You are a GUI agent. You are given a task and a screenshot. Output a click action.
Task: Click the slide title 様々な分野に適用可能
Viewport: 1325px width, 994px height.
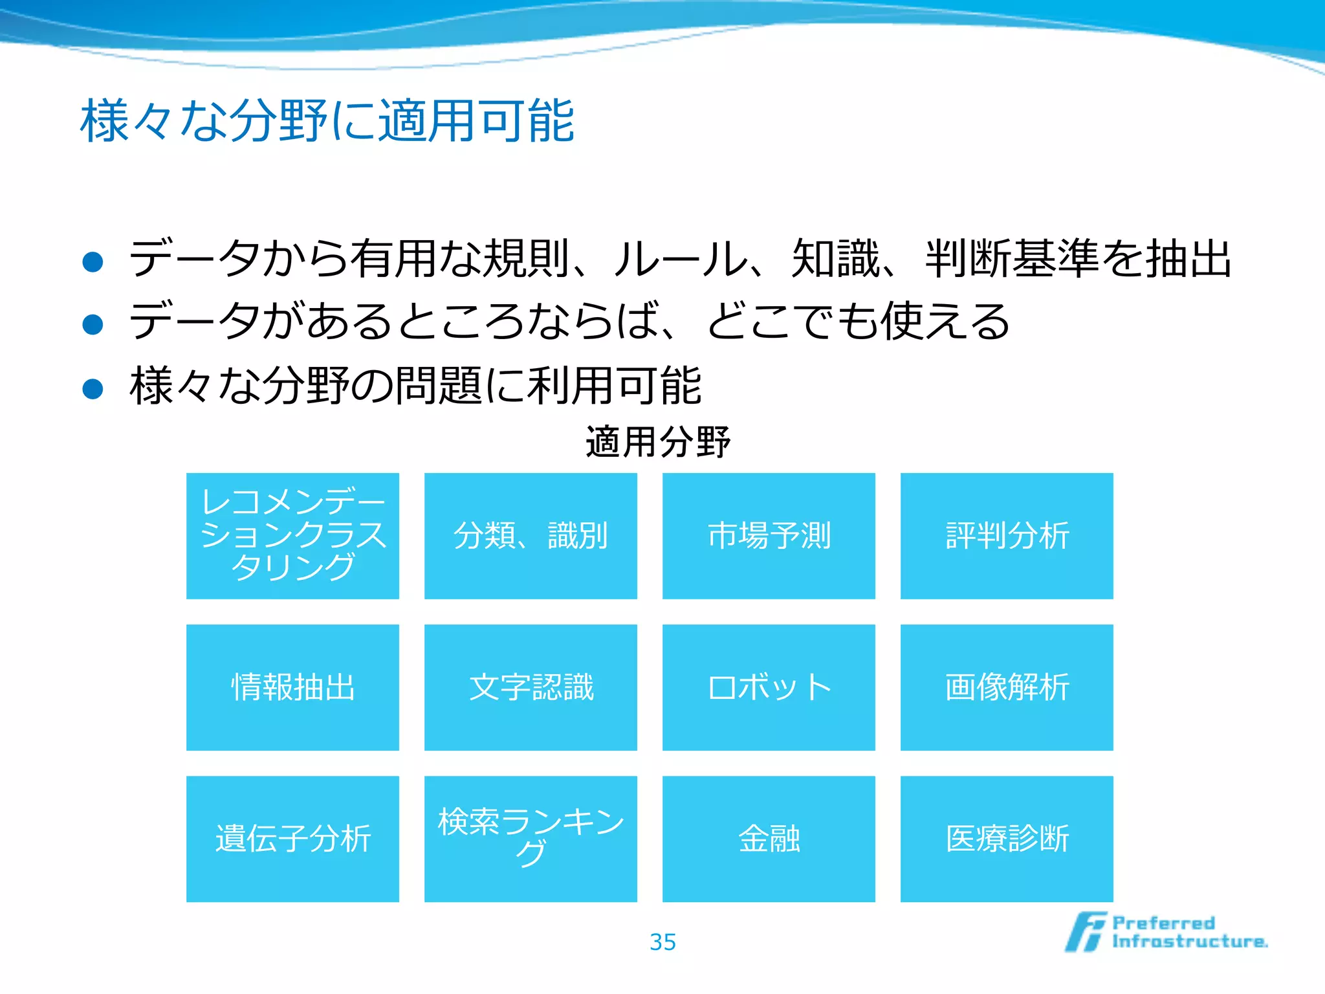point(327,121)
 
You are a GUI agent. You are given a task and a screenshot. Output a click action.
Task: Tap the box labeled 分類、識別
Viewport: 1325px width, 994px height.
point(531,536)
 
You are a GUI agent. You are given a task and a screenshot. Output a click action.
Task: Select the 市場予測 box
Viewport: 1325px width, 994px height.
point(769,536)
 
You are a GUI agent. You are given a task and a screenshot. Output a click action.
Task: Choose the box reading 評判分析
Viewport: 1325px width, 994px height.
point(1007,536)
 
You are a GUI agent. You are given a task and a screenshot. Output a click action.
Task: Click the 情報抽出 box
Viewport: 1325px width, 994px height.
point(292,687)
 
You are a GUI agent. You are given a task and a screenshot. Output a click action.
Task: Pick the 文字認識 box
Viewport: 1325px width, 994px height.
point(531,687)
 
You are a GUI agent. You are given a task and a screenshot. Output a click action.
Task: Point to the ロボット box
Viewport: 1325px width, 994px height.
point(769,687)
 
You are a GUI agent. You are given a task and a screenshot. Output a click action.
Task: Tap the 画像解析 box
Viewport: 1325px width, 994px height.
point(1007,687)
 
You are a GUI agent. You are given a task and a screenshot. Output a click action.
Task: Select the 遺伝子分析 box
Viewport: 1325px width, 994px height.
point(292,839)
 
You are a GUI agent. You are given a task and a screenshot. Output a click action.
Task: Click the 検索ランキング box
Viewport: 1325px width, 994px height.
point(531,839)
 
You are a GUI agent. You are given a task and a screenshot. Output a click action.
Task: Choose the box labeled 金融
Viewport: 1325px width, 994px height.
point(769,839)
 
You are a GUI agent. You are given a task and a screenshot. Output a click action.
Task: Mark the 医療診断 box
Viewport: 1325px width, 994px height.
point(1007,839)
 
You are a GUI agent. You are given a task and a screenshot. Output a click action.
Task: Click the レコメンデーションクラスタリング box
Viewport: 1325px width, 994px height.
point(292,536)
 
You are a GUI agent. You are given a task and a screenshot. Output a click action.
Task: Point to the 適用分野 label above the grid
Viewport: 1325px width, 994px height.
point(658,443)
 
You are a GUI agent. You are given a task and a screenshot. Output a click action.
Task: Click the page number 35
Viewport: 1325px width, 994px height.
point(662,942)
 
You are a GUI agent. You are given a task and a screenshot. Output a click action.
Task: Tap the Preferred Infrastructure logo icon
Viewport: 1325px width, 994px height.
point(1086,932)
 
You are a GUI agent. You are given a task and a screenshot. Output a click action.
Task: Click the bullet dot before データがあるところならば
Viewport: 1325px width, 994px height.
point(93,324)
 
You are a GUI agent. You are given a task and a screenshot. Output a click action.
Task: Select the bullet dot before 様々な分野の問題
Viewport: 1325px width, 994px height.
point(93,388)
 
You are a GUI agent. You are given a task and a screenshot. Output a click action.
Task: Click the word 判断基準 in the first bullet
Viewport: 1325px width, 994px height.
point(1012,259)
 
